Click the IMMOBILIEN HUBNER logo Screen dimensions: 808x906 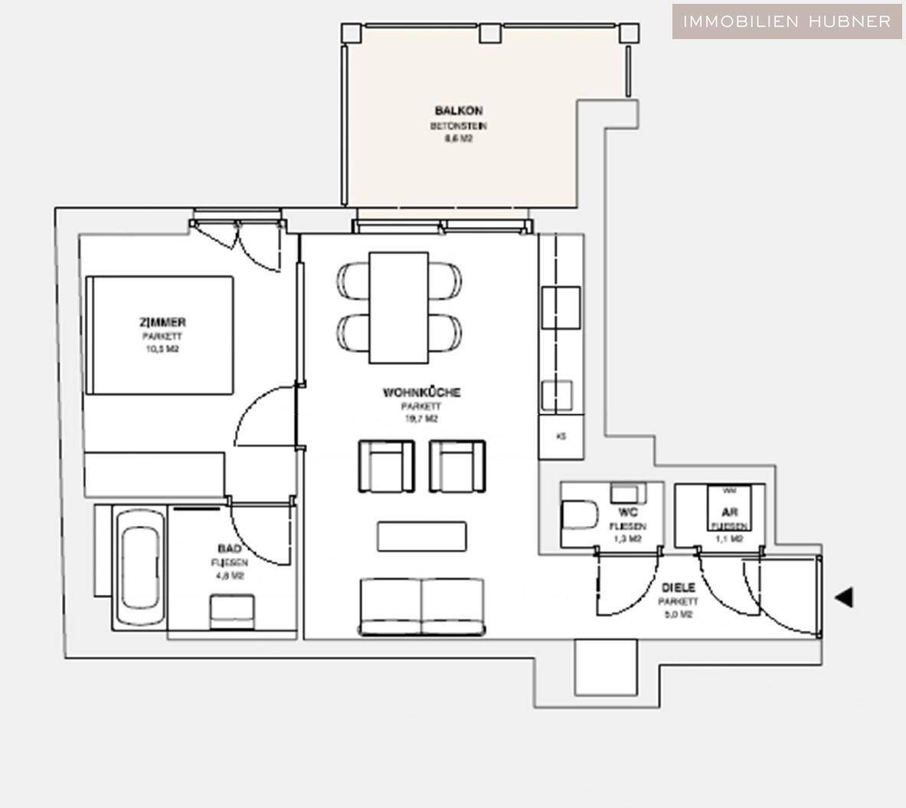[787, 21]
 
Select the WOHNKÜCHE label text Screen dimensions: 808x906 [421, 393]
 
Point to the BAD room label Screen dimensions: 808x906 [229, 549]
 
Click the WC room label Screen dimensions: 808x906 [628, 512]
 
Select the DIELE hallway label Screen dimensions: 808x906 [678, 587]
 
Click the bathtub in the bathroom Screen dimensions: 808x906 [140, 569]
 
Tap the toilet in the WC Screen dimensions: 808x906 [580, 515]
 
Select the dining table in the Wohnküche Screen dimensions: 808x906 [398, 307]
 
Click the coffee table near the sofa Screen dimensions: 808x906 [421, 536]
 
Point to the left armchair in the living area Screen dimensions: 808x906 [386, 466]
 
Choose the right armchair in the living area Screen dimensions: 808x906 [457, 466]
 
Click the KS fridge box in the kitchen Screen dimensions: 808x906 [561, 437]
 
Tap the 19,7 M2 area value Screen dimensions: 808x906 [421, 419]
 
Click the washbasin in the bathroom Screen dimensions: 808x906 [232, 612]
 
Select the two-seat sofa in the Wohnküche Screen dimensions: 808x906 [422, 606]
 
